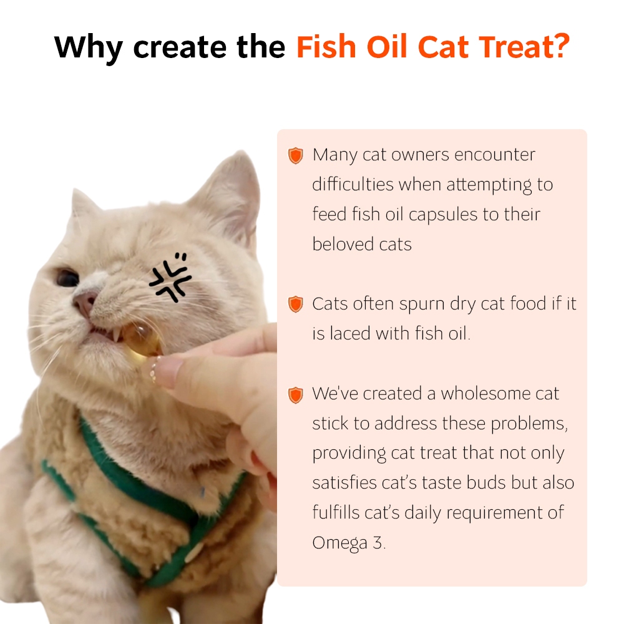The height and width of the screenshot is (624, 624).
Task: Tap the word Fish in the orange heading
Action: click(326, 47)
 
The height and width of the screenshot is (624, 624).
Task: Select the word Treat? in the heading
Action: click(524, 47)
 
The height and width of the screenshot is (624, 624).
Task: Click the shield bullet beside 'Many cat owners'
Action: click(295, 155)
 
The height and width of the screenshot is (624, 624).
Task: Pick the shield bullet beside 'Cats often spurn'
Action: click(295, 305)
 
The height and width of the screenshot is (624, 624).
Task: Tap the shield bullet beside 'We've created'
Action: click(295, 395)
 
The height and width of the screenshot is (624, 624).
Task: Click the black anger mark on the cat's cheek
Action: click(170, 277)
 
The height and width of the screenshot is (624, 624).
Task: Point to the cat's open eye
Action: click(67, 278)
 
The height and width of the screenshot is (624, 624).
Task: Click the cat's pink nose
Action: click(85, 303)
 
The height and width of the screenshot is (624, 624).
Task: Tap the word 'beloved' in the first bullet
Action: click(343, 244)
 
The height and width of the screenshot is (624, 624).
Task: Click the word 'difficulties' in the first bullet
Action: click(353, 185)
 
